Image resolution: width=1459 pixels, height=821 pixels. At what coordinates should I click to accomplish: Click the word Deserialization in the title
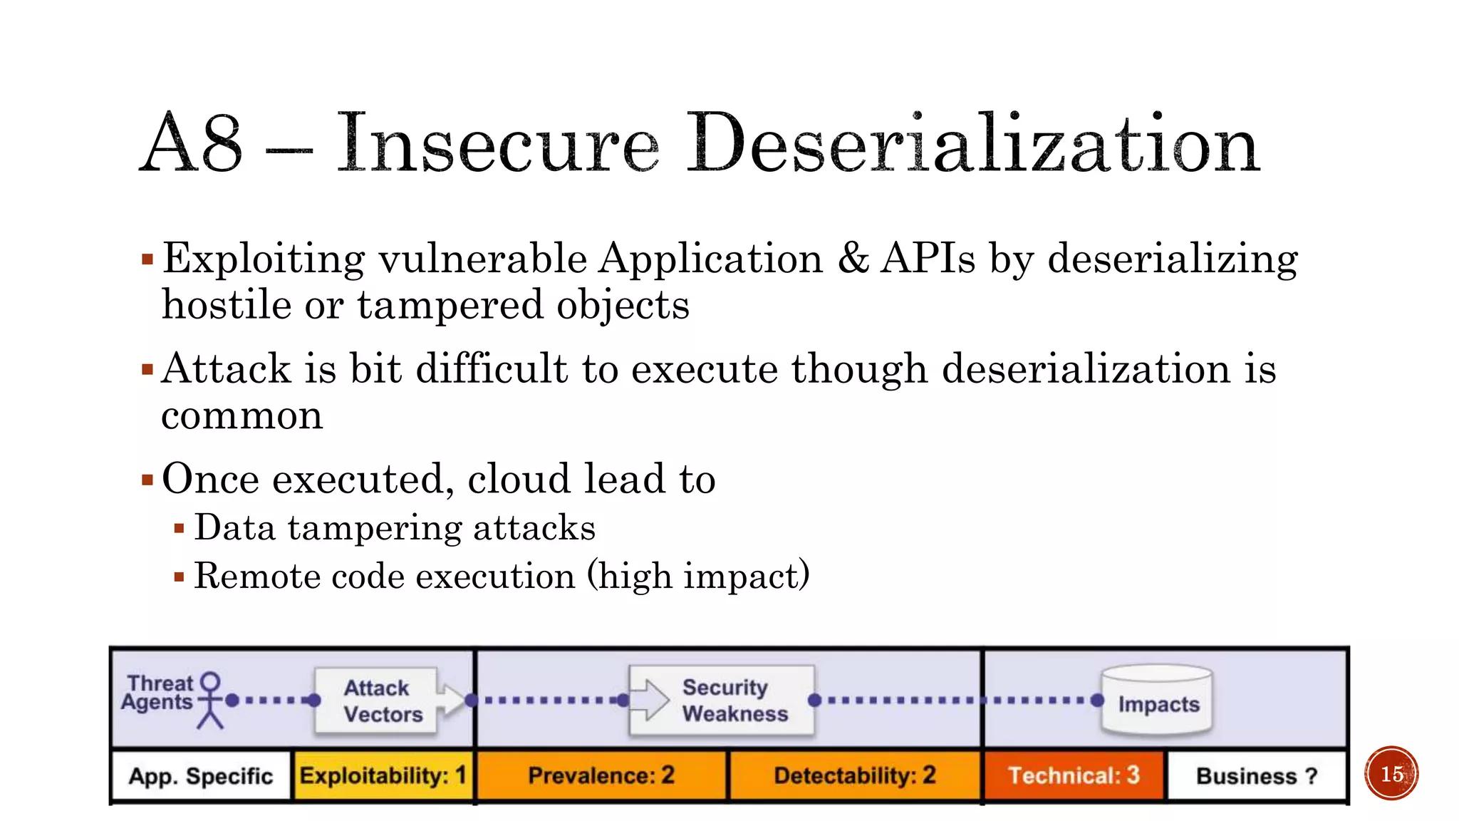972,144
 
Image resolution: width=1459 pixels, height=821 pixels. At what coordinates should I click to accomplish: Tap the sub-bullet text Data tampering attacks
395,528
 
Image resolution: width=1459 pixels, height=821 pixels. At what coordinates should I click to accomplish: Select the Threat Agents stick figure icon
210,700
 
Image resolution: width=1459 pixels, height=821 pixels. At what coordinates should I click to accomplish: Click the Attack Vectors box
377,701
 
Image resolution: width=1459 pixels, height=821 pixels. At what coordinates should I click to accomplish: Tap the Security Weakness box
722,701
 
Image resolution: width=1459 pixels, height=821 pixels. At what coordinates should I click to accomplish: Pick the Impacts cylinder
1157,702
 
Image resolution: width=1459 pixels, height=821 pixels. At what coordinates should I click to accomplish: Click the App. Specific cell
201,775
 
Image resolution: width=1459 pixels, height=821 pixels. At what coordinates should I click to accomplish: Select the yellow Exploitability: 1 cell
383,775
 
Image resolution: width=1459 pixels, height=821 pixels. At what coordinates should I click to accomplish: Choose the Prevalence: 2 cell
601,775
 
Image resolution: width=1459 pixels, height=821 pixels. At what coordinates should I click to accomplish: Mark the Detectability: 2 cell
855,775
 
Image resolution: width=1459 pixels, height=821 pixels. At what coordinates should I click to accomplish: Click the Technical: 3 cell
1074,775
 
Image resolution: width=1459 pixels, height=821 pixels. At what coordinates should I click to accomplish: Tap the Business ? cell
1257,775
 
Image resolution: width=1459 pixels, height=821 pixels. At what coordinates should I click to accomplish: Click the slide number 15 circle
1391,773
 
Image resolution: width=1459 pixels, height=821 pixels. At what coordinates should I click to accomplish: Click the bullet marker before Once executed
147,480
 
